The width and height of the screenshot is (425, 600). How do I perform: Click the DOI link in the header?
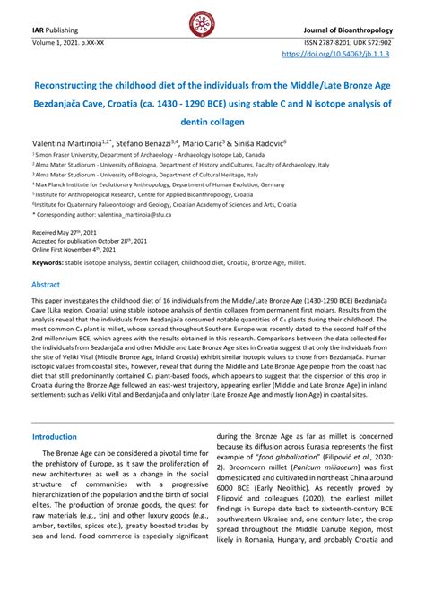point(349,54)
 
